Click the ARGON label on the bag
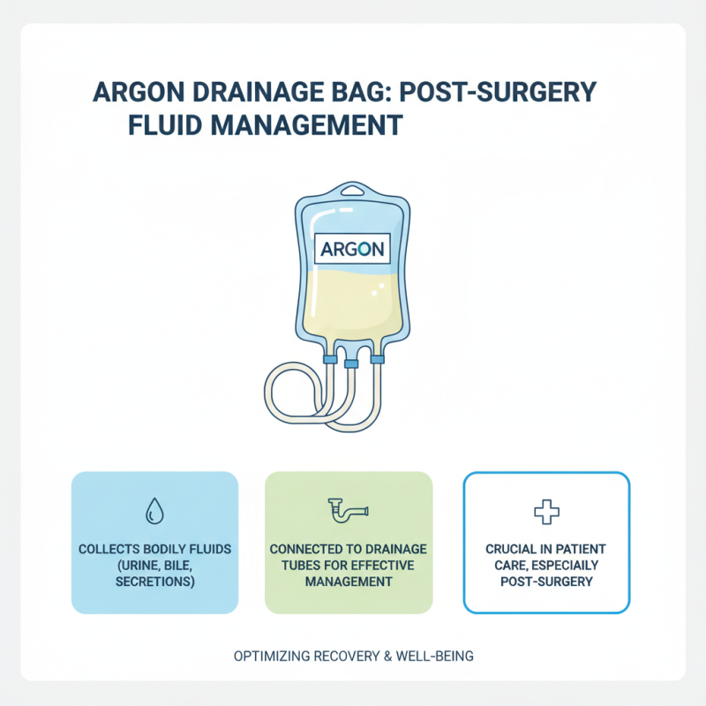[350, 248]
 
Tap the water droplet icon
[155, 510]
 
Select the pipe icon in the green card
[349, 510]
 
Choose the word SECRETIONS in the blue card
[154, 582]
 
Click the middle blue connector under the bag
[350, 363]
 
